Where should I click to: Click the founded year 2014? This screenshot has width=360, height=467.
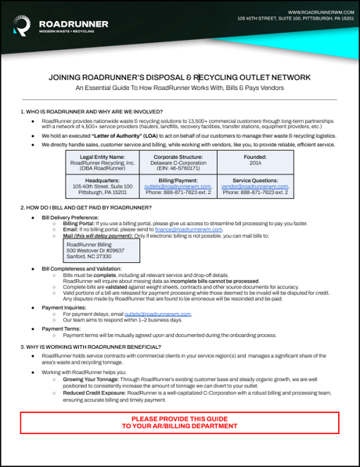click(x=255, y=163)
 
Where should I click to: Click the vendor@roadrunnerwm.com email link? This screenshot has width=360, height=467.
click(x=255, y=186)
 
